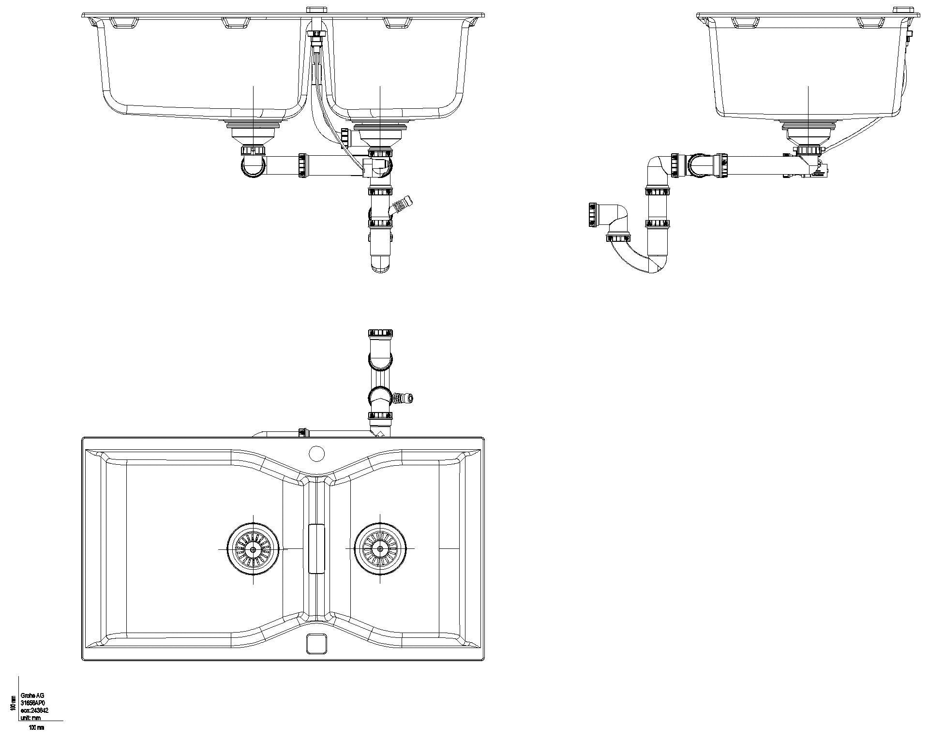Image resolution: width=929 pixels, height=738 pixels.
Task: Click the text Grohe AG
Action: point(32,695)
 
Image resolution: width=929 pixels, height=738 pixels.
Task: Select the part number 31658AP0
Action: point(33,703)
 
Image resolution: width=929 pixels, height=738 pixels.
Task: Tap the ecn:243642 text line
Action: point(34,710)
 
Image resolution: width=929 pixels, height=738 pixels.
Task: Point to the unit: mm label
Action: point(31,717)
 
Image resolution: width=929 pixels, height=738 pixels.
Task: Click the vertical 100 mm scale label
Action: point(13,703)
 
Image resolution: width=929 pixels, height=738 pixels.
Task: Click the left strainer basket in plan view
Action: point(253,549)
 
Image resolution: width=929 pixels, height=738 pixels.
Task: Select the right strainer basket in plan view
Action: point(380,549)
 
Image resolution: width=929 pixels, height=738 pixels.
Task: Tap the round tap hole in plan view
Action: point(316,454)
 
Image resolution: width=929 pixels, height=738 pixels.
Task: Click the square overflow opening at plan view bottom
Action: point(317,643)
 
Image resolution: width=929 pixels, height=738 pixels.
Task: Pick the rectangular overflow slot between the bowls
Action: point(316,548)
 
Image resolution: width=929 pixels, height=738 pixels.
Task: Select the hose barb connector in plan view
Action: point(404,399)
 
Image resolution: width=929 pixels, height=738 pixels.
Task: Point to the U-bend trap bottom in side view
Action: point(644,264)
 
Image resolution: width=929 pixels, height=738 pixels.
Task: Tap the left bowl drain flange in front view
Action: point(253,127)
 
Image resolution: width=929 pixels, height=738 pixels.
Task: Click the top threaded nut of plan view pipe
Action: point(380,333)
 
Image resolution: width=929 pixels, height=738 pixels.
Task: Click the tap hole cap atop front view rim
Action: point(316,9)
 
